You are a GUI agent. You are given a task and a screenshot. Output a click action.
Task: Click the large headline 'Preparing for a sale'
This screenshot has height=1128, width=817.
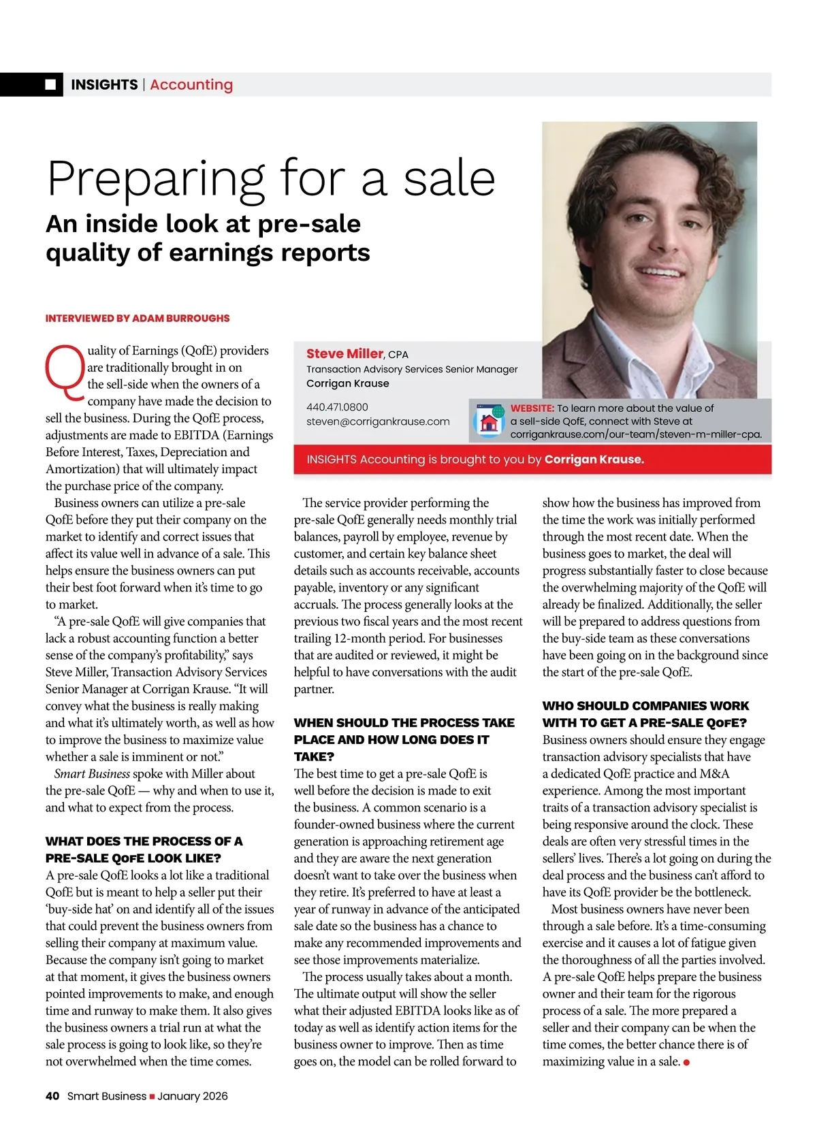(x=271, y=178)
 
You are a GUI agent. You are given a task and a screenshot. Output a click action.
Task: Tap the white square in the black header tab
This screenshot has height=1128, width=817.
(x=51, y=84)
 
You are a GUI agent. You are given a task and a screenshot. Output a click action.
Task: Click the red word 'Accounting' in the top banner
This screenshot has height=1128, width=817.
(x=191, y=84)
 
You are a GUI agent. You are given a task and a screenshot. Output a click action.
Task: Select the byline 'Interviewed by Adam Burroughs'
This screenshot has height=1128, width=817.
(x=138, y=318)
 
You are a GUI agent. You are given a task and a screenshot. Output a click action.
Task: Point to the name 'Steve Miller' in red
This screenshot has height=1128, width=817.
(x=345, y=353)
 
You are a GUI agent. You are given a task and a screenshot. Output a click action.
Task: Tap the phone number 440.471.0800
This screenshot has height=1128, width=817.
(x=337, y=407)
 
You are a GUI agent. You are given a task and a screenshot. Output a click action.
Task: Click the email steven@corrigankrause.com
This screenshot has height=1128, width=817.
(x=378, y=421)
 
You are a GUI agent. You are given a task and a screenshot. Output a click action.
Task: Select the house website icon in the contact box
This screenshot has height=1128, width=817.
(x=488, y=421)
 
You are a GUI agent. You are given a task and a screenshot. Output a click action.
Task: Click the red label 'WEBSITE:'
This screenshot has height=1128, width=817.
(x=532, y=408)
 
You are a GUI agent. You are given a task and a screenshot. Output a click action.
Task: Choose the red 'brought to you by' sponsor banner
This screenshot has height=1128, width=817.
(x=532, y=460)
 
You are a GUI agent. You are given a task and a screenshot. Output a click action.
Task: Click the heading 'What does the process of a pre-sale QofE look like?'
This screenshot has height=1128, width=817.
(x=144, y=850)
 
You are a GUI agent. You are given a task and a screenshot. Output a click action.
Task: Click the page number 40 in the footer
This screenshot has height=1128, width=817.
(x=52, y=1096)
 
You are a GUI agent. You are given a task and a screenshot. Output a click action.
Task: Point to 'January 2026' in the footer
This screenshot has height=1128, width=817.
(x=193, y=1096)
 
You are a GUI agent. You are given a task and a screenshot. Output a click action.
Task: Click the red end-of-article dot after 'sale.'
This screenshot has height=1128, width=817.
(x=686, y=1062)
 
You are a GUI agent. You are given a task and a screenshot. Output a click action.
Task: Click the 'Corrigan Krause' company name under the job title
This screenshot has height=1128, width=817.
(x=348, y=383)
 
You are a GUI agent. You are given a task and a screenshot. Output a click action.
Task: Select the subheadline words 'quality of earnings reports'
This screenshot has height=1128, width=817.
(x=208, y=253)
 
